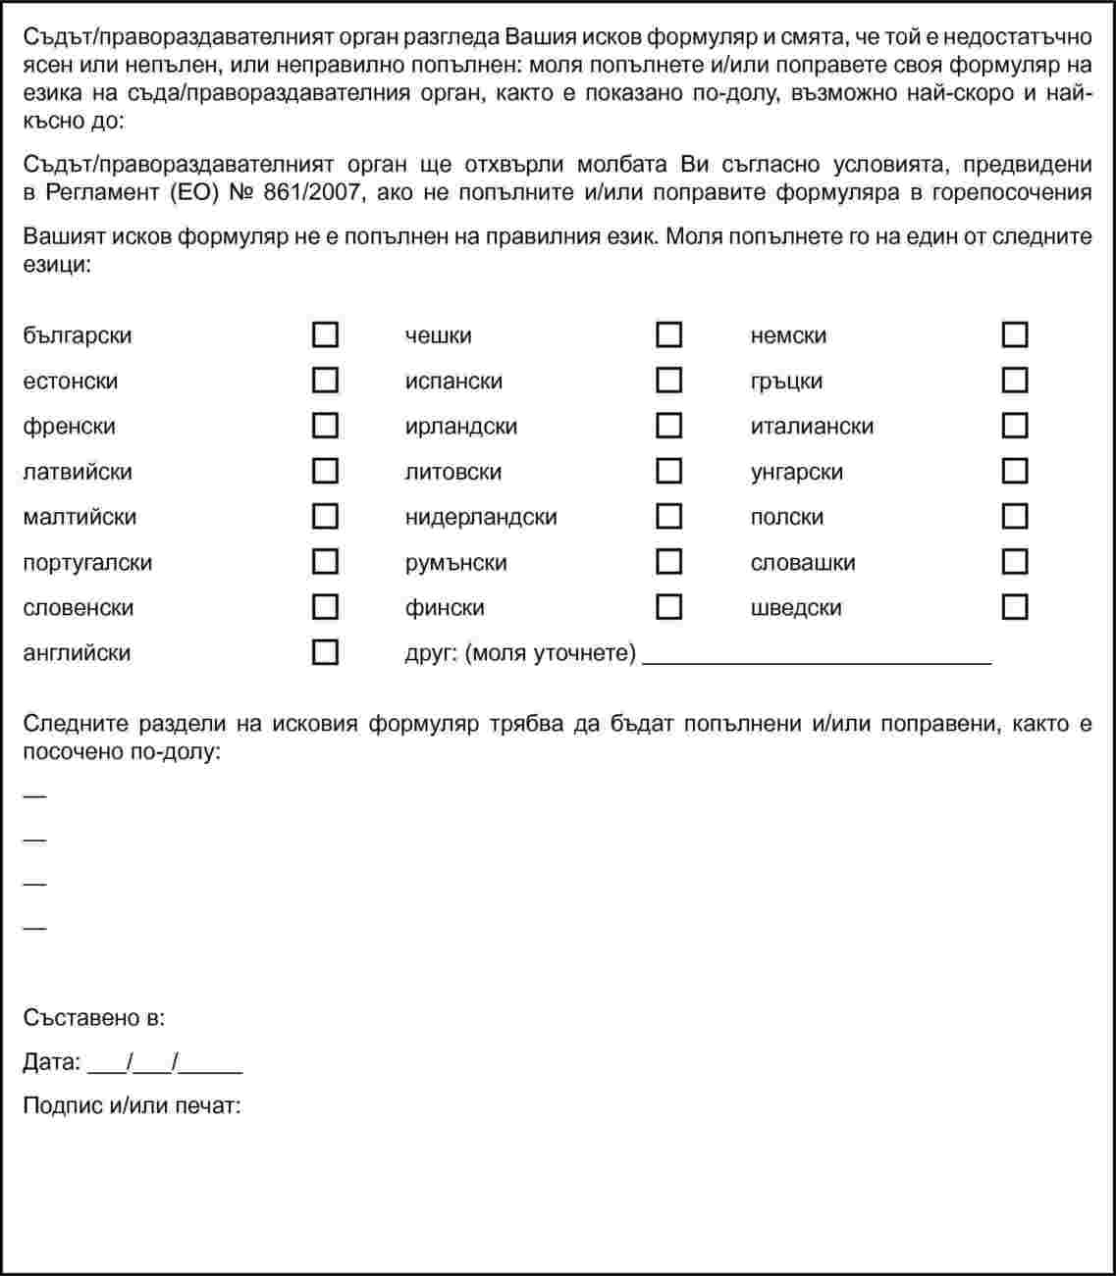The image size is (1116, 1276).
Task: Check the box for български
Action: [325, 335]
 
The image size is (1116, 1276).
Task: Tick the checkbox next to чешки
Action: [668, 335]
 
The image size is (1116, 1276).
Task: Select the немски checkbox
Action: [1015, 335]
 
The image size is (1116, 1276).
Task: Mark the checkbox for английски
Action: [325, 652]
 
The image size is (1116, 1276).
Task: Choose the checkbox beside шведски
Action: [1015, 607]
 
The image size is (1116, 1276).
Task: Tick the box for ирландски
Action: [668, 426]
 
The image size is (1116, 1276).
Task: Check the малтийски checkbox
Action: [325, 516]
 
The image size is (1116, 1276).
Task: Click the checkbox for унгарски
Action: [1015, 471]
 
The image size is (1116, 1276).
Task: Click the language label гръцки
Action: [786, 382]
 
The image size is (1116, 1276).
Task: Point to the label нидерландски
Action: [481, 517]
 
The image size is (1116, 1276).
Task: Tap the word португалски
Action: [87, 563]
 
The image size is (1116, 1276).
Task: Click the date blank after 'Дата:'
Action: [164, 1063]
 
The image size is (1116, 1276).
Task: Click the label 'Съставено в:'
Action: [94, 1017]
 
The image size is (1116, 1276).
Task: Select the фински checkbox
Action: [668, 607]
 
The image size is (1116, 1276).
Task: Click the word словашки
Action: [803, 563]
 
